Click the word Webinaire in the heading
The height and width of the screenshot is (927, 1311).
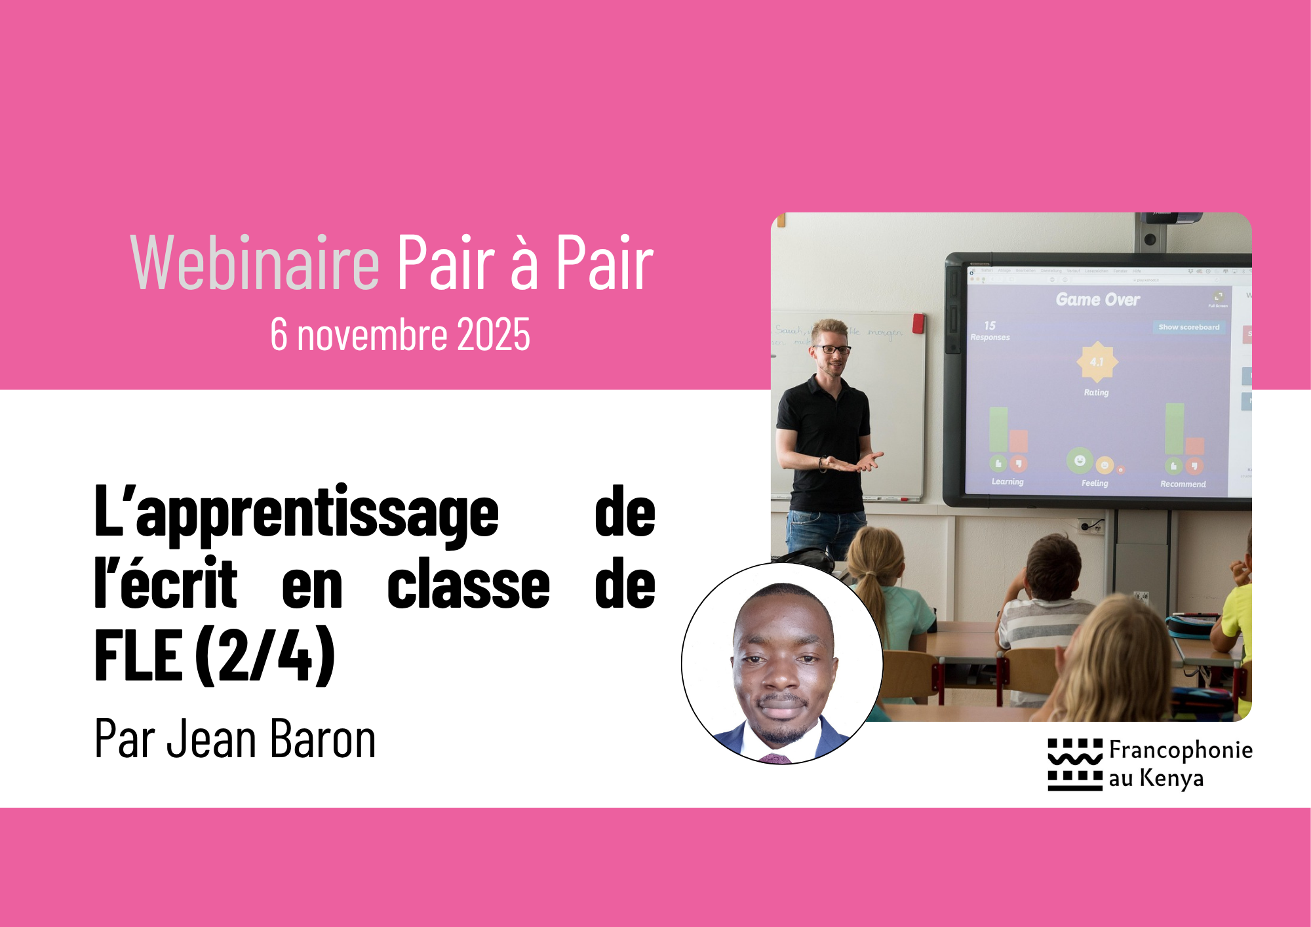pyautogui.click(x=255, y=263)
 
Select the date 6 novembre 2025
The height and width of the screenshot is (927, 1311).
pyautogui.click(x=400, y=334)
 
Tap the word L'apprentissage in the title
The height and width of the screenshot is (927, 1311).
pyautogui.click(x=296, y=513)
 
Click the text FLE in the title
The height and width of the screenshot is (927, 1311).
pyautogui.click(x=138, y=655)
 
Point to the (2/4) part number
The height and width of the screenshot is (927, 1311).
pyautogui.click(x=265, y=655)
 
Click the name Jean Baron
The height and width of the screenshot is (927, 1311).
pyautogui.click(x=271, y=739)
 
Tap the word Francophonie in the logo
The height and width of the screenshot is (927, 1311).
pyautogui.click(x=1181, y=749)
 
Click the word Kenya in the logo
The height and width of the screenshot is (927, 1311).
pyautogui.click(x=1171, y=778)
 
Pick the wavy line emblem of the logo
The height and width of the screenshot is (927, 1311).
pyautogui.click(x=1075, y=760)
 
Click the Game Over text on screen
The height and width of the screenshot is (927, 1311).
pyautogui.click(x=1098, y=300)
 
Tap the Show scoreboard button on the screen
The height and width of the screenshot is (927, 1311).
pyautogui.click(x=1188, y=327)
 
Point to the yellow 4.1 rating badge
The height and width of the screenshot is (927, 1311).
pyautogui.click(x=1097, y=362)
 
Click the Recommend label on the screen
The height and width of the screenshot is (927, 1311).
pyautogui.click(x=1183, y=484)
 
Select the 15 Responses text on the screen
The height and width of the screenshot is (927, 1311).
pyautogui.click(x=990, y=331)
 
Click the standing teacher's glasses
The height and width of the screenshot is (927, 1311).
pyautogui.click(x=832, y=349)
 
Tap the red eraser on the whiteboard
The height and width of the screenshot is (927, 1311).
pyautogui.click(x=918, y=323)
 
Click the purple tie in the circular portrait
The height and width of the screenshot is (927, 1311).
pyautogui.click(x=776, y=759)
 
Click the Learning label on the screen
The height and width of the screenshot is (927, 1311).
pyautogui.click(x=1008, y=482)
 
